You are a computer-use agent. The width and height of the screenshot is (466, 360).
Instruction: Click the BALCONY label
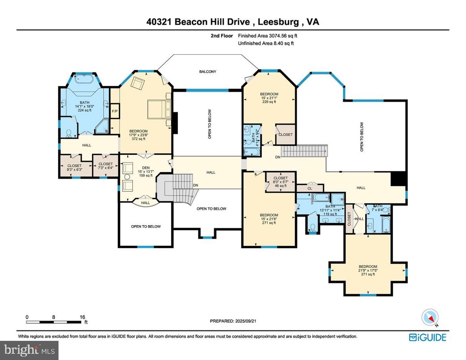(207, 72)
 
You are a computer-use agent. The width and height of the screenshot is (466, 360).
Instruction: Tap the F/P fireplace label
(114, 111)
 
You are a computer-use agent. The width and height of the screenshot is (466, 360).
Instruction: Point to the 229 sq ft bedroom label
(269, 98)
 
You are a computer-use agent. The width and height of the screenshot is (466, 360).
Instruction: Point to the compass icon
(429, 317)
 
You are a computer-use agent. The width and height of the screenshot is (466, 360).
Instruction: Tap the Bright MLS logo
(29, 349)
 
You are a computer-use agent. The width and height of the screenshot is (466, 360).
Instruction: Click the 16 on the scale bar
(82, 317)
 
